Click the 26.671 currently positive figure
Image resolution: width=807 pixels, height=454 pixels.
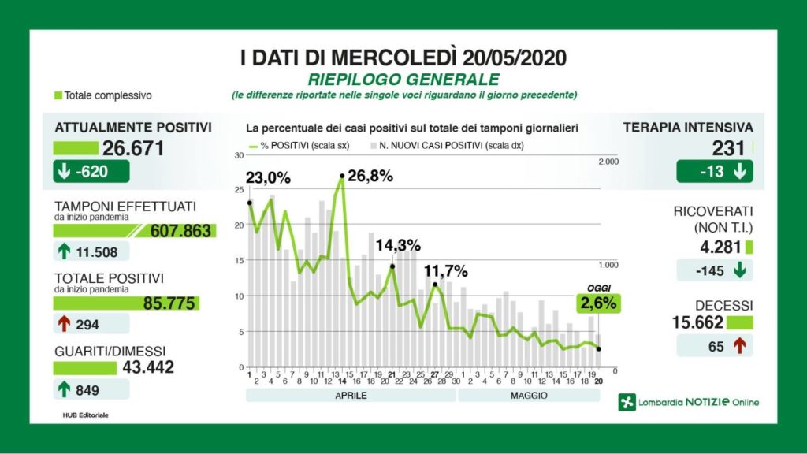coord(132,147)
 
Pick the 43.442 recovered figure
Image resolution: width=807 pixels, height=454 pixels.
coord(148,367)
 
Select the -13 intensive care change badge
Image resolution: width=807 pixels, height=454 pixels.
coord(714,172)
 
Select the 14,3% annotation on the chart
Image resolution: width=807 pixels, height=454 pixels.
coord(397,245)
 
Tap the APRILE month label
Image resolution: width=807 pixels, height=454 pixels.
coord(351,395)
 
